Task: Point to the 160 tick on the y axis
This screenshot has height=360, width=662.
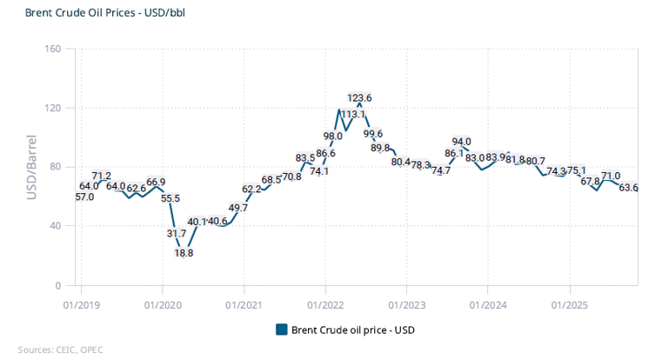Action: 51,49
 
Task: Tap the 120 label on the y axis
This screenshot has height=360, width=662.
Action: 51,108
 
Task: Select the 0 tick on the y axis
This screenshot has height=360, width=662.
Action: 58,285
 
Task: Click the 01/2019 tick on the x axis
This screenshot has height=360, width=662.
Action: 81,305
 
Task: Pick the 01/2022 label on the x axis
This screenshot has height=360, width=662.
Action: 324,305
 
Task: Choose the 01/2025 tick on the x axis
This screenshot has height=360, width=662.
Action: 569,305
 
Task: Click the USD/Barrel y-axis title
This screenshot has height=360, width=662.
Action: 31,167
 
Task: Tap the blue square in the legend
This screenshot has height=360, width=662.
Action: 281,330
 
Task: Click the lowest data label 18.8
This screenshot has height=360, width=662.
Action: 184,253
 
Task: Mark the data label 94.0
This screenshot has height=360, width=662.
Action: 461,142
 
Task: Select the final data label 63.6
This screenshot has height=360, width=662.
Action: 628,188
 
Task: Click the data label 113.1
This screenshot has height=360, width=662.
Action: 353,115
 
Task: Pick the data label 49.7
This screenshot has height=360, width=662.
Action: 237,208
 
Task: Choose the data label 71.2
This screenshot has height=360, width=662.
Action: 102,177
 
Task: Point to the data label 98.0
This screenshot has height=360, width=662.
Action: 332,137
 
